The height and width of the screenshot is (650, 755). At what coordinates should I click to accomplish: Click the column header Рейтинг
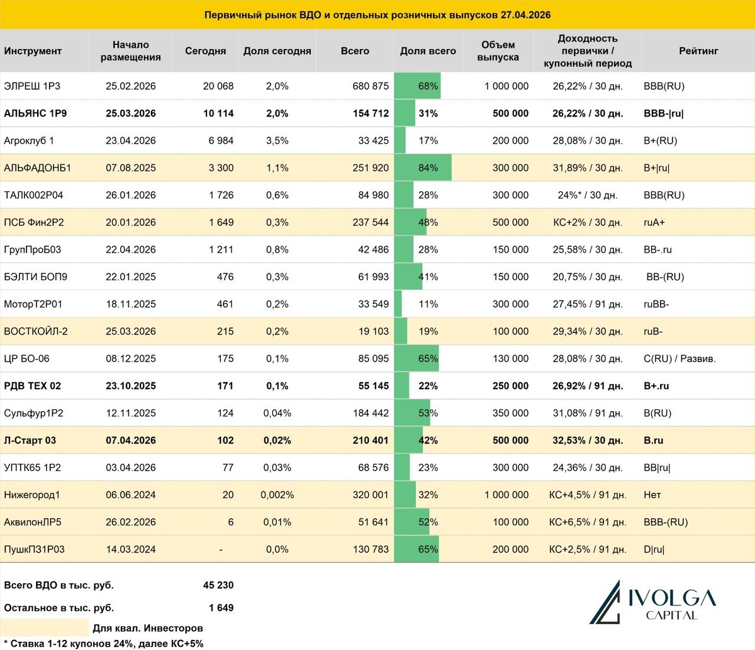tap(698, 51)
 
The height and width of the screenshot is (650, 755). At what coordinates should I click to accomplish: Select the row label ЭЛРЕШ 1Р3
tap(32, 86)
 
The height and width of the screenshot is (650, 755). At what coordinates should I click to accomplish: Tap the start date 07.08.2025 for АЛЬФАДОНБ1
tap(131, 168)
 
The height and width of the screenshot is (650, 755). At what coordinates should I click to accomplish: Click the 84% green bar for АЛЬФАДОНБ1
tap(423, 168)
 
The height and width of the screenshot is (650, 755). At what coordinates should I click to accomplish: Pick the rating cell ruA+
tap(654, 222)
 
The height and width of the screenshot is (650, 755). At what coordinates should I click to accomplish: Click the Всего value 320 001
tap(371, 495)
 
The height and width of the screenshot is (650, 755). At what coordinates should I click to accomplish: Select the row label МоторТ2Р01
tap(33, 304)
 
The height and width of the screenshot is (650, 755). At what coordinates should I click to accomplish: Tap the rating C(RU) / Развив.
tap(679, 359)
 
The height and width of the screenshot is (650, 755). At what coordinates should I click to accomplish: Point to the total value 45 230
tap(218, 585)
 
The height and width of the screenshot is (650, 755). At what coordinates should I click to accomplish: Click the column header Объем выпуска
tap(498, 51)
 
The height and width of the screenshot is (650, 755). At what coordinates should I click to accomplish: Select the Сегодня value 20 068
tap(218, 86)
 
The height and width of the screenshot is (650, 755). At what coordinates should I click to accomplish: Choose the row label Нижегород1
tap(32, 495)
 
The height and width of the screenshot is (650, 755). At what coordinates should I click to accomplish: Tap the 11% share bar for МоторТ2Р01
tap(398, 304)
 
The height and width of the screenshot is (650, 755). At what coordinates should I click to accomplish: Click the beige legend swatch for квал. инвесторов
tap(45, 627)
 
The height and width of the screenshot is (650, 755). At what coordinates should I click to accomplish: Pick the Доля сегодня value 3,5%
tap(277, 141)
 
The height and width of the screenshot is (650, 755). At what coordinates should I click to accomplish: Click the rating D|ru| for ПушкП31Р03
tap(654, 549)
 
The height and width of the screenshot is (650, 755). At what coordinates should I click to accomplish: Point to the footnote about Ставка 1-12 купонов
tap(104, 644)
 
